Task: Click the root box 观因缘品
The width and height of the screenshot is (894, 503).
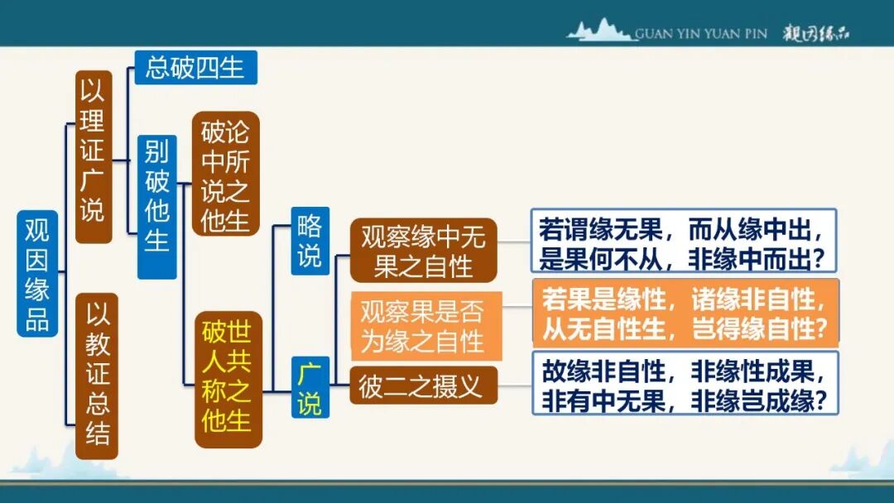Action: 37,273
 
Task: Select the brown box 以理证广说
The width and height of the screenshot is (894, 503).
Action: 94,157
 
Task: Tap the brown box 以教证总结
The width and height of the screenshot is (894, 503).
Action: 97,376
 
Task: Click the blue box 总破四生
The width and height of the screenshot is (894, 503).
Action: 195,68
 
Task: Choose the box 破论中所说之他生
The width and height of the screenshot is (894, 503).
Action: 225,174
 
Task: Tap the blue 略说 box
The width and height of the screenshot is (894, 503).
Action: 310,241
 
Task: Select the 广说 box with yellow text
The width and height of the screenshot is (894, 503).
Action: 310,388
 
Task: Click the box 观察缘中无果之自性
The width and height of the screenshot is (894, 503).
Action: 423,251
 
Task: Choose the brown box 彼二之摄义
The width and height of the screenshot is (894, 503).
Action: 423,386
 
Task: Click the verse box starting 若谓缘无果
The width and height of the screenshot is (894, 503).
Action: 684,241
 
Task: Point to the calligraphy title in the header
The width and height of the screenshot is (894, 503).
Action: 817,34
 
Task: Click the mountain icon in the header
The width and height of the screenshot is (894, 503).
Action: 600,31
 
